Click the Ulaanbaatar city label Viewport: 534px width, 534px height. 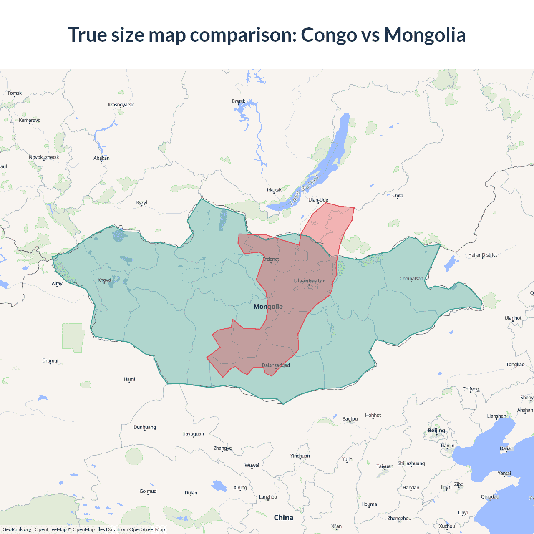click(309, 281)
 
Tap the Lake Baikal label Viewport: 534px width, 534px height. click(304, 190)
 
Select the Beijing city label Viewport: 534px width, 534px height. click(436, 431)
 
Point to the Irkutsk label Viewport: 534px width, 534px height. click(274, 190)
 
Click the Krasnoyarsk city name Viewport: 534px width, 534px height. click(121, 105)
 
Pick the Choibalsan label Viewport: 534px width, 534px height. click(411, 279)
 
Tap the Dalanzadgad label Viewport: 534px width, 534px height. click(276, 365)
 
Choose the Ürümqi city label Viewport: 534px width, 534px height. click(50, 360)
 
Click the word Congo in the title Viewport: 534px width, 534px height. click(330, 35)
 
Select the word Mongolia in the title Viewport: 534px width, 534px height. click(425, 35)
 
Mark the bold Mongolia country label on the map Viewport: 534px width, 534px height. click(268, 307)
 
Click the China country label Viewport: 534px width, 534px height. click(284, 518)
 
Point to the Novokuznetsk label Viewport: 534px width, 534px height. click(44, 157)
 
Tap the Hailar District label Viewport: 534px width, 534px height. click(482, 255)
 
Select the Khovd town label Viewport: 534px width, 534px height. click(104, 280)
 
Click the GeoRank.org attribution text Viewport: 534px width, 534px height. click(17, 529)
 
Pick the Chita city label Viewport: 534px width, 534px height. click(398, 196)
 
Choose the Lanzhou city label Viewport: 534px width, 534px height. click(268, 497)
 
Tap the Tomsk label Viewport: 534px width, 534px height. click(15, 93)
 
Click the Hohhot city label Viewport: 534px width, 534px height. click(373, 415)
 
